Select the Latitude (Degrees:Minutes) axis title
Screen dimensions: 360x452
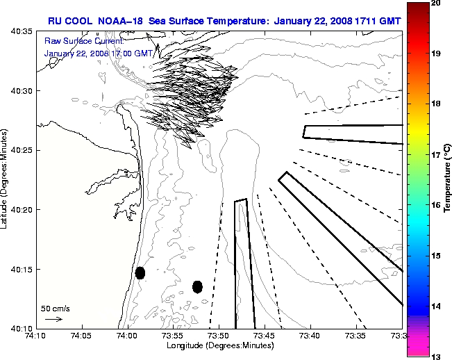(5, 179)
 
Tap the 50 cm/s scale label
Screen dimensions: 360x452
(56, 308)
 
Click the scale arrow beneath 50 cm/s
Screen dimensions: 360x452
(53, 319)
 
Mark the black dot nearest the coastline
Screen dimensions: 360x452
(140, 272)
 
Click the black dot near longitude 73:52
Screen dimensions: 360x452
(197, 286)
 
